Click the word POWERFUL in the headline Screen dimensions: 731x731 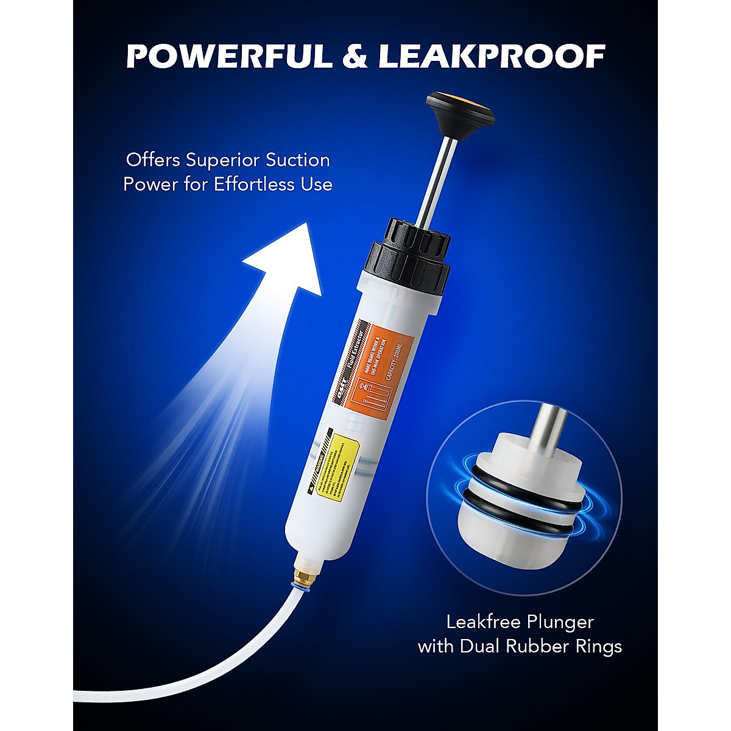(229, 57)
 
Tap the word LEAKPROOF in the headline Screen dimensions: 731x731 (491, 57)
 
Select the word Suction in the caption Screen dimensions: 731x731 (297, 161)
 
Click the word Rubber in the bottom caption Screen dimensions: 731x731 (552, 646)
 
